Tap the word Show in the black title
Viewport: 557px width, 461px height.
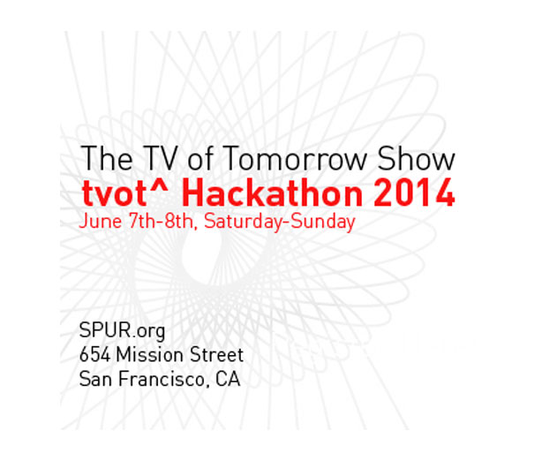coord(416,159)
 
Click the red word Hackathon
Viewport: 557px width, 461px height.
coord(272,193)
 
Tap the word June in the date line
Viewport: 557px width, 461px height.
coord(101,222)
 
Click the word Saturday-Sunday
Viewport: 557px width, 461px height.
coord(280,222)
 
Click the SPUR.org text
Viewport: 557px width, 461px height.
coord(122,331)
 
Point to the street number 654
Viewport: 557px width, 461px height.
coord(94,355)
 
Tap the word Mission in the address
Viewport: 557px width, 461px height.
coord(149,355)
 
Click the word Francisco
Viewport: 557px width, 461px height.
coord(162,379)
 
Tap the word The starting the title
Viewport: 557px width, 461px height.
coord(107,159)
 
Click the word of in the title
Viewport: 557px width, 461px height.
coord(200,159)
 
